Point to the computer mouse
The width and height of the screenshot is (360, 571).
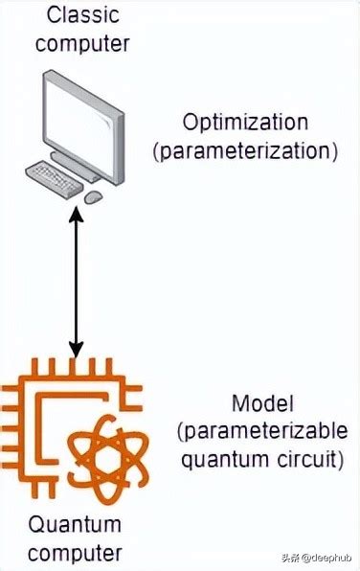click(93, 197)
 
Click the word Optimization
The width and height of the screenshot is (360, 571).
click(246, 123)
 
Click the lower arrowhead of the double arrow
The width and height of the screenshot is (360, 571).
click(78, 352)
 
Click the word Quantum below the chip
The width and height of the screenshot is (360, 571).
click(76, 525)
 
